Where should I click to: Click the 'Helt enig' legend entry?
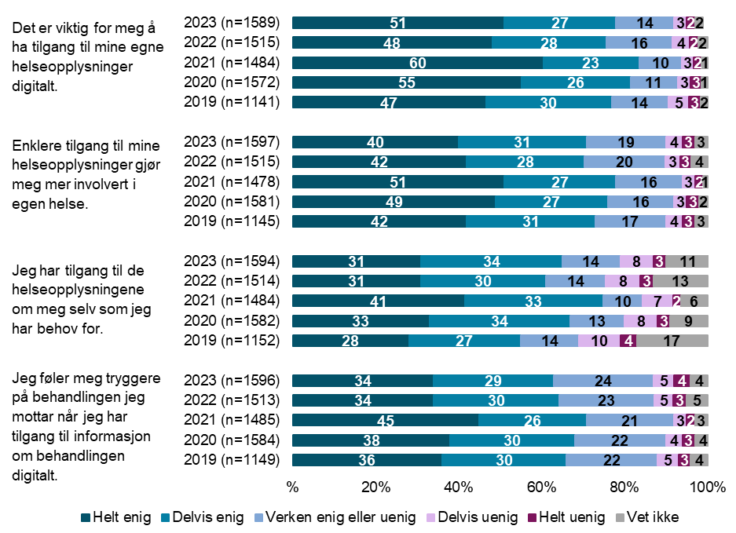[x=117, y=517]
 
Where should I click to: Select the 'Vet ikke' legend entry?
[x=652, y=517]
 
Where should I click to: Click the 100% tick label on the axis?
[x=708, y=487]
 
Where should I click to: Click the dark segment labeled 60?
[x=417, y=63]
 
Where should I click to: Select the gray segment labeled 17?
[x=672, y=341]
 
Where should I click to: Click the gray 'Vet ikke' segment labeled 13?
[x=681, y=281]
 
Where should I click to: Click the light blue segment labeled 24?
[x=602, y=381]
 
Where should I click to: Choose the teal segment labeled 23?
[x=590, y=63]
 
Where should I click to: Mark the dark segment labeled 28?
[x=350, y=341]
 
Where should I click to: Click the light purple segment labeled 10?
[x=599, y=341]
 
